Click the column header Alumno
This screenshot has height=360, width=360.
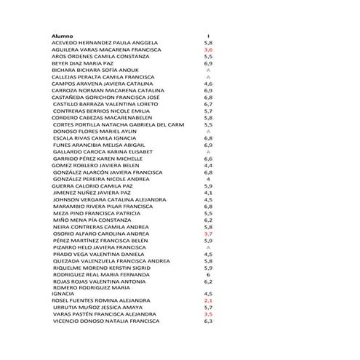click(x=63, y=36)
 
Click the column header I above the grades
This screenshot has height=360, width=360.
click(x=208, y=36)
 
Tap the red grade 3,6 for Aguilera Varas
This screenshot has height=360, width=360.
click(x=208, y=49)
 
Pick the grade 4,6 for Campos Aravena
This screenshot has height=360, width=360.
click(x=208, y=84)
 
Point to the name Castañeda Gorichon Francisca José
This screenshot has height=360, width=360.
click(x=106, y=97)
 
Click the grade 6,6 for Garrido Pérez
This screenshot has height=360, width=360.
click(x=208, y=158)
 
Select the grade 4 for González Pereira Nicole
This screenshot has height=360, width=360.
click(x=208, y=178)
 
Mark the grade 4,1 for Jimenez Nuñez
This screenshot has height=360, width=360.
click(x=208, y=192)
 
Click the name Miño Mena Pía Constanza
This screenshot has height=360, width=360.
click(x=92, y=219)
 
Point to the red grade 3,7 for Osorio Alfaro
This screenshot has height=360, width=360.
click(x=208, y=233)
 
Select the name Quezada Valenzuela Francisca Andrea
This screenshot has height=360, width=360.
click(x=111, y=260)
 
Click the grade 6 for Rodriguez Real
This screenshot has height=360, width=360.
click(x=208, y=273)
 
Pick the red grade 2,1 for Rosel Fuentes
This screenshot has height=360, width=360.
click(x=208, y=300)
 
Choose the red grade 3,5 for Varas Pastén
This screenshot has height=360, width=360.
click(x=208, y=313)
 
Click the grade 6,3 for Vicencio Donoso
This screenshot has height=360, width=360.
click(x=208, y=320)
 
